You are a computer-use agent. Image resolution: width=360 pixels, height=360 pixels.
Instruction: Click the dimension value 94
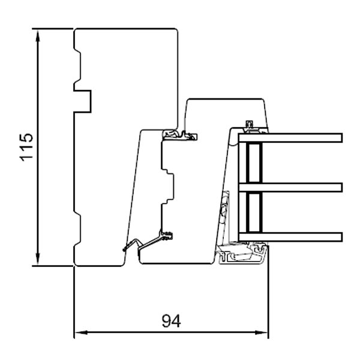(x=171, y=321)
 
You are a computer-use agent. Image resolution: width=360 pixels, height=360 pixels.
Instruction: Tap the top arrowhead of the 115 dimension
(x=38, y=34)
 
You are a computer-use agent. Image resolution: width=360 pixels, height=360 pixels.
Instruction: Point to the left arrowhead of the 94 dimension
(x=78, y=332)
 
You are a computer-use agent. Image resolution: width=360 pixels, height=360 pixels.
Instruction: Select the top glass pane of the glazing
(x=291, y=138)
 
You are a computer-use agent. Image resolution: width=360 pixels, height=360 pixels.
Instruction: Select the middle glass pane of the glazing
(x=291, y=187)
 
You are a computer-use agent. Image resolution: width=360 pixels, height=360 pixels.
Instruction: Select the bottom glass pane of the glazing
(x=291, y=236)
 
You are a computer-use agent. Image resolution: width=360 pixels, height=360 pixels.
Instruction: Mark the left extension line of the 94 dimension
(x=73, y=300)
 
